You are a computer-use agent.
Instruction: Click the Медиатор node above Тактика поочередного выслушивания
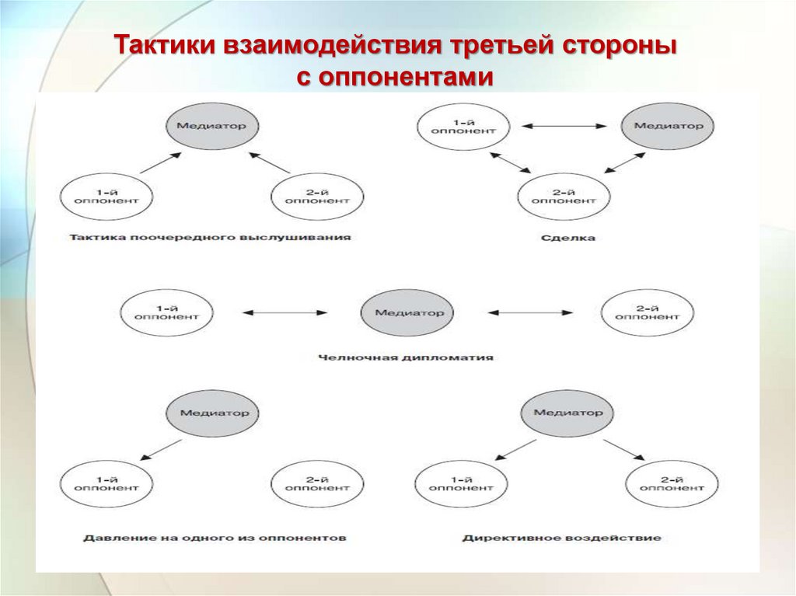coord(212,126)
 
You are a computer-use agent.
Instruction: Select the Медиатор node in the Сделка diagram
coord(668,126)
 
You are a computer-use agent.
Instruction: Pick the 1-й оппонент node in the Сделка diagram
coord(464,126)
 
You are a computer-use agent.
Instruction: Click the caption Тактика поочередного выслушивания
coord(210,237)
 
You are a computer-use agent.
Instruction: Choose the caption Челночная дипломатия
coord(406,358)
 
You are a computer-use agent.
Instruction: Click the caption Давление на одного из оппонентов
coord(215,537)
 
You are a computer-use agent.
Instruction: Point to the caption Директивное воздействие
coord(561,537)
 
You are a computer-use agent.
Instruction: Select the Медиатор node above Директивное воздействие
coord(567,413)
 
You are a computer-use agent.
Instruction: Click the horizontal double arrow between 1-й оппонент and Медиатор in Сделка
coord(564,126)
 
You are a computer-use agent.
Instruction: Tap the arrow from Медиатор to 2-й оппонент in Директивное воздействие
coord(625,449)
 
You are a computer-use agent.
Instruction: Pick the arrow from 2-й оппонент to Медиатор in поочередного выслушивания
coord(269,162)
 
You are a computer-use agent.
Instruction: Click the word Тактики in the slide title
coord(165,46)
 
